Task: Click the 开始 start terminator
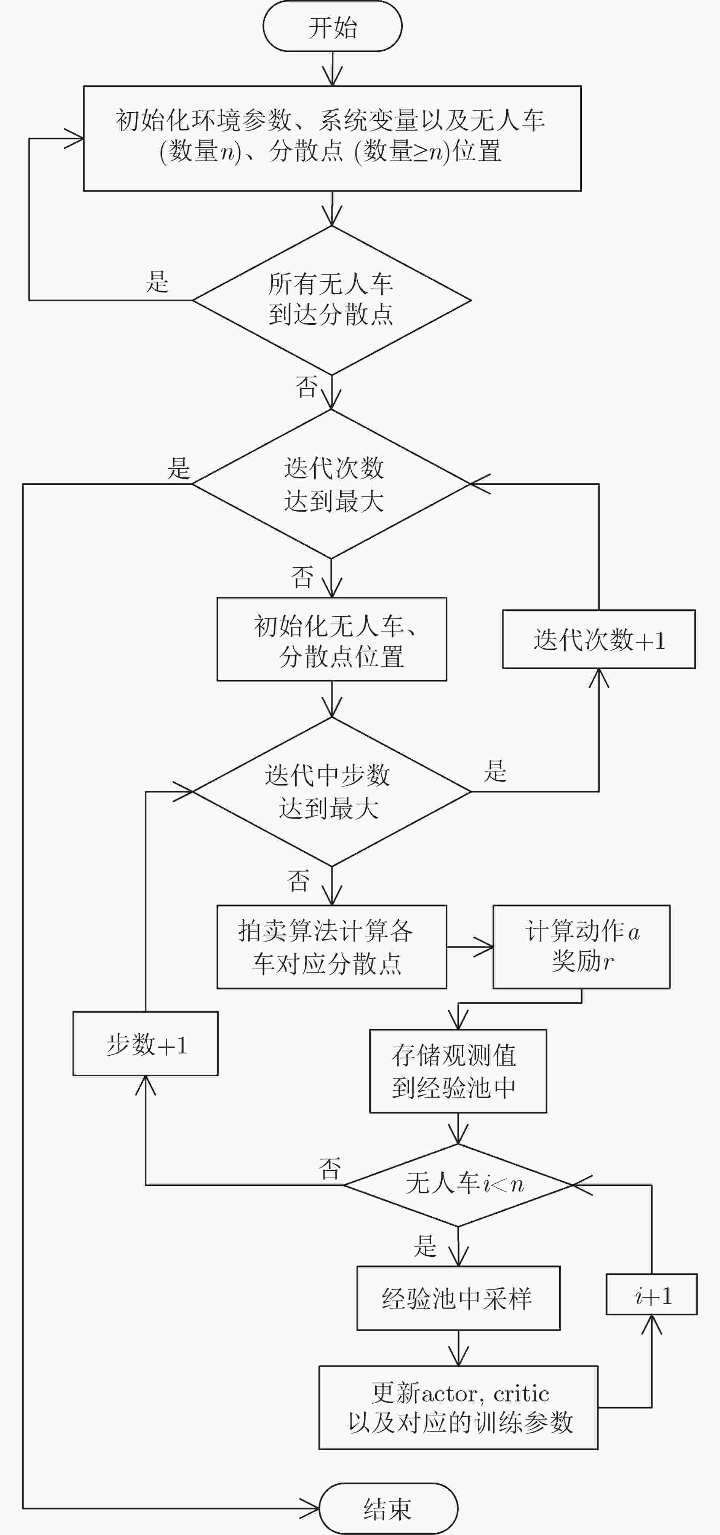click(x=333, y=26)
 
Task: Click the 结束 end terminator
click(x=388, y=1508)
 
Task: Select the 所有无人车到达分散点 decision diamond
click(x=332, y=300)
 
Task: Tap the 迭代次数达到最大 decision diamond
click(x=331, y=484)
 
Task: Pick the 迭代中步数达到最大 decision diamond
click(x=332, y=791)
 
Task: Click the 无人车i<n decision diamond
click(x=458, y=1185)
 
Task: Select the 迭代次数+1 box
click(x=598, y=639)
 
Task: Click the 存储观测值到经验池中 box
click(x=458, y=1071)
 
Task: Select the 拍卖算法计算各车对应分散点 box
click(x=331, y=947)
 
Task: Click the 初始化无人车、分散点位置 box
click(x=331, y=639)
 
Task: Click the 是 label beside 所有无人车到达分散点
click(x=157, y=282)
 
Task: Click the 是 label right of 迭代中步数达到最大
click(x=495, y=771)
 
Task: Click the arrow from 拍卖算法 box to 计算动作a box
click(x=470, y=947)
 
